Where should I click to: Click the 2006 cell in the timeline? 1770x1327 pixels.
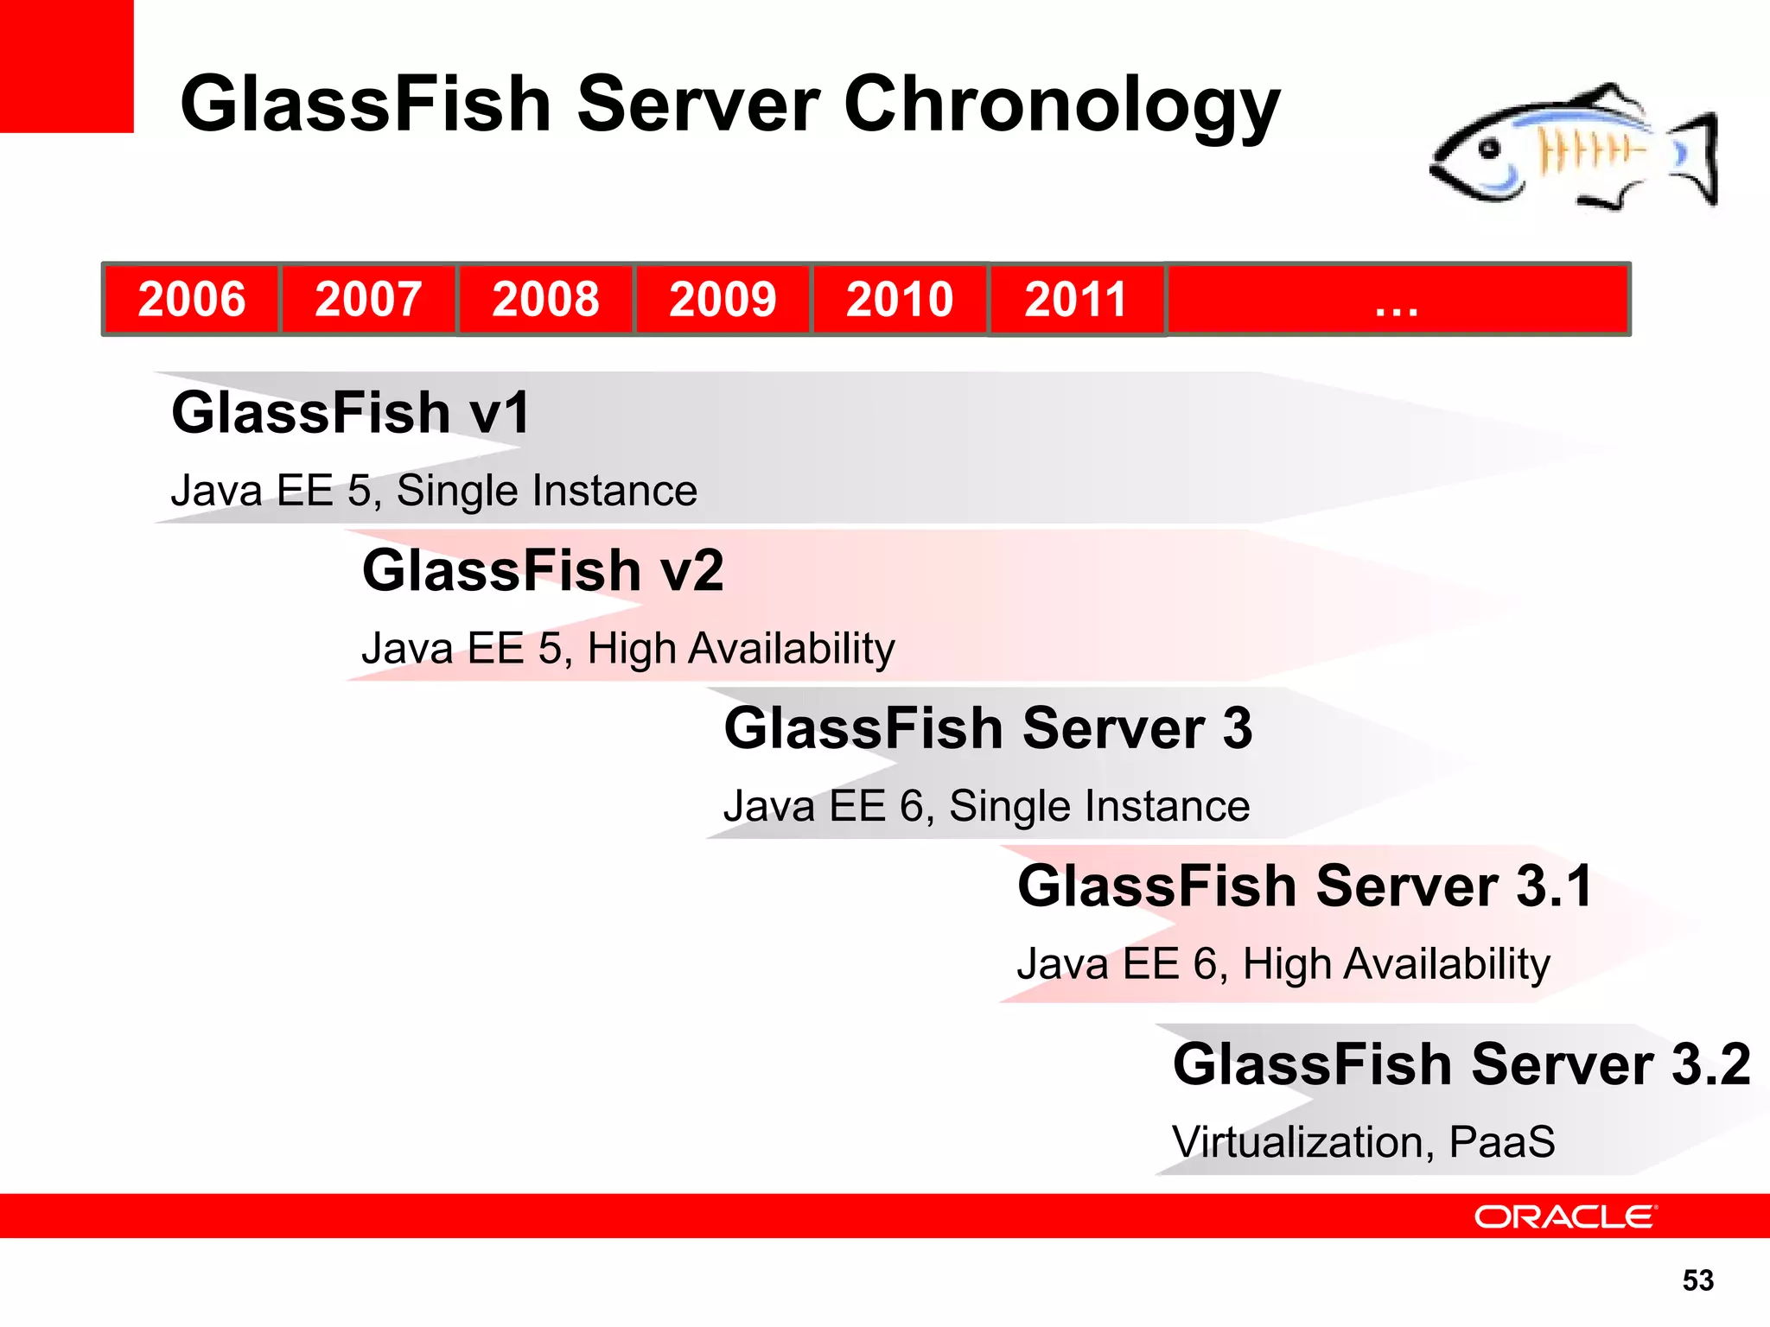coord(191,299)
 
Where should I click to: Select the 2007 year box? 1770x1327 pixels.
coord(368,299)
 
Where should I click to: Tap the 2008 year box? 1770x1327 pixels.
coord(545,299)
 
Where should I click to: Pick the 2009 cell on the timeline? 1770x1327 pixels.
coord(723,299)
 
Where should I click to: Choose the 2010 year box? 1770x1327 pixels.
coord(900,299)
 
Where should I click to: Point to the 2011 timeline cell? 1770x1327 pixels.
coord(1076,299)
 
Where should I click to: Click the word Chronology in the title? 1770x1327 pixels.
coord(1061,105)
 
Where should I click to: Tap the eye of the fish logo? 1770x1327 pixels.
coord(1489,149)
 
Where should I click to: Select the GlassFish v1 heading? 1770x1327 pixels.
coord(350,412)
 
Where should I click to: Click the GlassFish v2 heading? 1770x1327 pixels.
coord(543,570)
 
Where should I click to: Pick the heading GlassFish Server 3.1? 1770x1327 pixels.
coord(1305,886)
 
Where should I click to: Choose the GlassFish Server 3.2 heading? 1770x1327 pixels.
coord(1461,1064)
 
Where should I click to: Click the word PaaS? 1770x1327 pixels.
coord(1502,1142)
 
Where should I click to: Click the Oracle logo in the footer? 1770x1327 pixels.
coord(1565,1216)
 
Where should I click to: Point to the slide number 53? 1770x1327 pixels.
coord(1697,1279)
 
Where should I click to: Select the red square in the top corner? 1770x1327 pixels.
coord(67,66)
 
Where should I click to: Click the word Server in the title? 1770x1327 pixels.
coord(698,105)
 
